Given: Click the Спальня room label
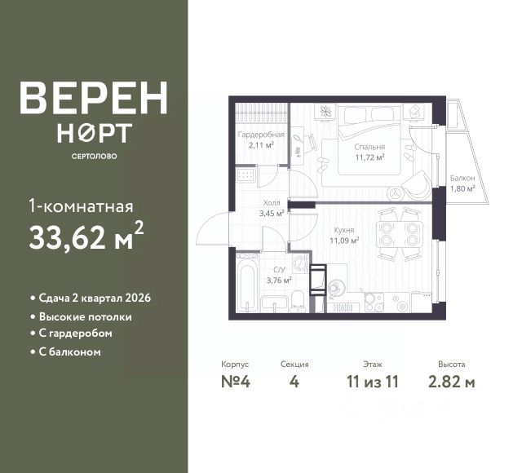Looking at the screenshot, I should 369,148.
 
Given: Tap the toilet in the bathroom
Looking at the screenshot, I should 299,299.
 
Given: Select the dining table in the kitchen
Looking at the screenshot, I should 400,235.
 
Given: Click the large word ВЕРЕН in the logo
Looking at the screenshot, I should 94,98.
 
